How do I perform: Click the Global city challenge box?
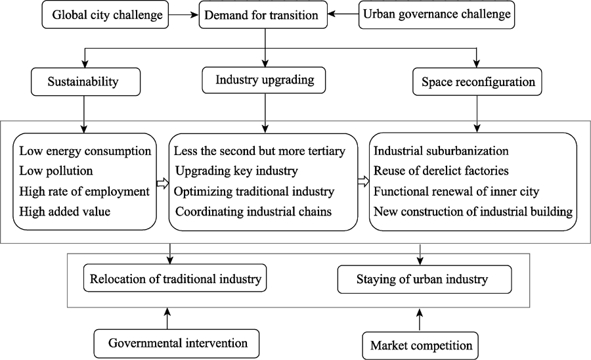click(105, 14)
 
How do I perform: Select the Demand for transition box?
click(263, 14)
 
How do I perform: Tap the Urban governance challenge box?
click(437, 14)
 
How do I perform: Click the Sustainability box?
click(85, 81)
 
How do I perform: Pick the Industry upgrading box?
click(264, 80)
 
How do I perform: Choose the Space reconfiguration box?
click(477, 81)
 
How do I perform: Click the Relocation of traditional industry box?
click(175, 278)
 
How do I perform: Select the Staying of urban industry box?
click(424, 279)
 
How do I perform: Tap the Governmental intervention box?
click(177, 344)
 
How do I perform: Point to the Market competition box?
click(420, 346)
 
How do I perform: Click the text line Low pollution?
click(56, 171)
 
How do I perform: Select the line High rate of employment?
click(85, 192)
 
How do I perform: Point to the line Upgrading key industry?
click(236, 171)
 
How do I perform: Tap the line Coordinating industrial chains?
click(253, 212)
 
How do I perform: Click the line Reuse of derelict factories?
click(441, 171)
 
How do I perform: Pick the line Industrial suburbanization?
click(441, 151)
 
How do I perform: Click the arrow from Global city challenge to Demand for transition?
click(184, 14)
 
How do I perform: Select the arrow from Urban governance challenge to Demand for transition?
click(343, 14)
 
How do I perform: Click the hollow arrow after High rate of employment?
click(162, 183)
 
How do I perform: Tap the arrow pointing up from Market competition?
click(420, 320)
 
